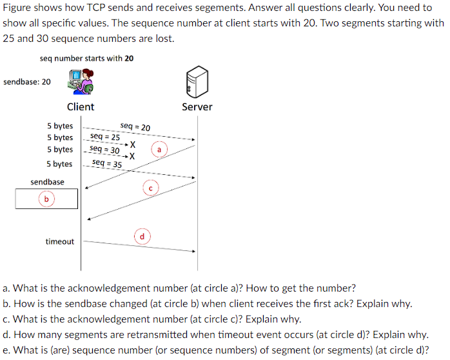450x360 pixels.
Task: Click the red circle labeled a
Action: tap(159, 150)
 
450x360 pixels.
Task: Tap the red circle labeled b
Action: tap(46, 199)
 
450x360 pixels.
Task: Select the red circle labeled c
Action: tap(150, 188)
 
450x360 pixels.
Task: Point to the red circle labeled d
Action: tap(142, 237)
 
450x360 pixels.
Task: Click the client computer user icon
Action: tap(81, 82)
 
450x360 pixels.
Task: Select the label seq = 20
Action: tap(135, 127)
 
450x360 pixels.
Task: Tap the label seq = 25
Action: tap(105, 137)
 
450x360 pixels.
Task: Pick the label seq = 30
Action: tap(104, 149)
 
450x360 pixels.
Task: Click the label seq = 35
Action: tap(107, 164)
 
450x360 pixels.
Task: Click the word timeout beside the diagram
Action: tap(59, 241)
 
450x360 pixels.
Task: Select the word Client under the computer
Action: tap(81, 107)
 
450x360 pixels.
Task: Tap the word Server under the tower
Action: tap(197, 107)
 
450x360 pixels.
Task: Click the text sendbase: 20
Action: tap(27, 82)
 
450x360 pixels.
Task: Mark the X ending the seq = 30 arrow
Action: tap(132, 156)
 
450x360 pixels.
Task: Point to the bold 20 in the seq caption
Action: tap(129, 59)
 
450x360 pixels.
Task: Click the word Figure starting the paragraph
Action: tap(17, 8)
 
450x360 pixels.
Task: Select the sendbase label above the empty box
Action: tap(47, 182)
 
